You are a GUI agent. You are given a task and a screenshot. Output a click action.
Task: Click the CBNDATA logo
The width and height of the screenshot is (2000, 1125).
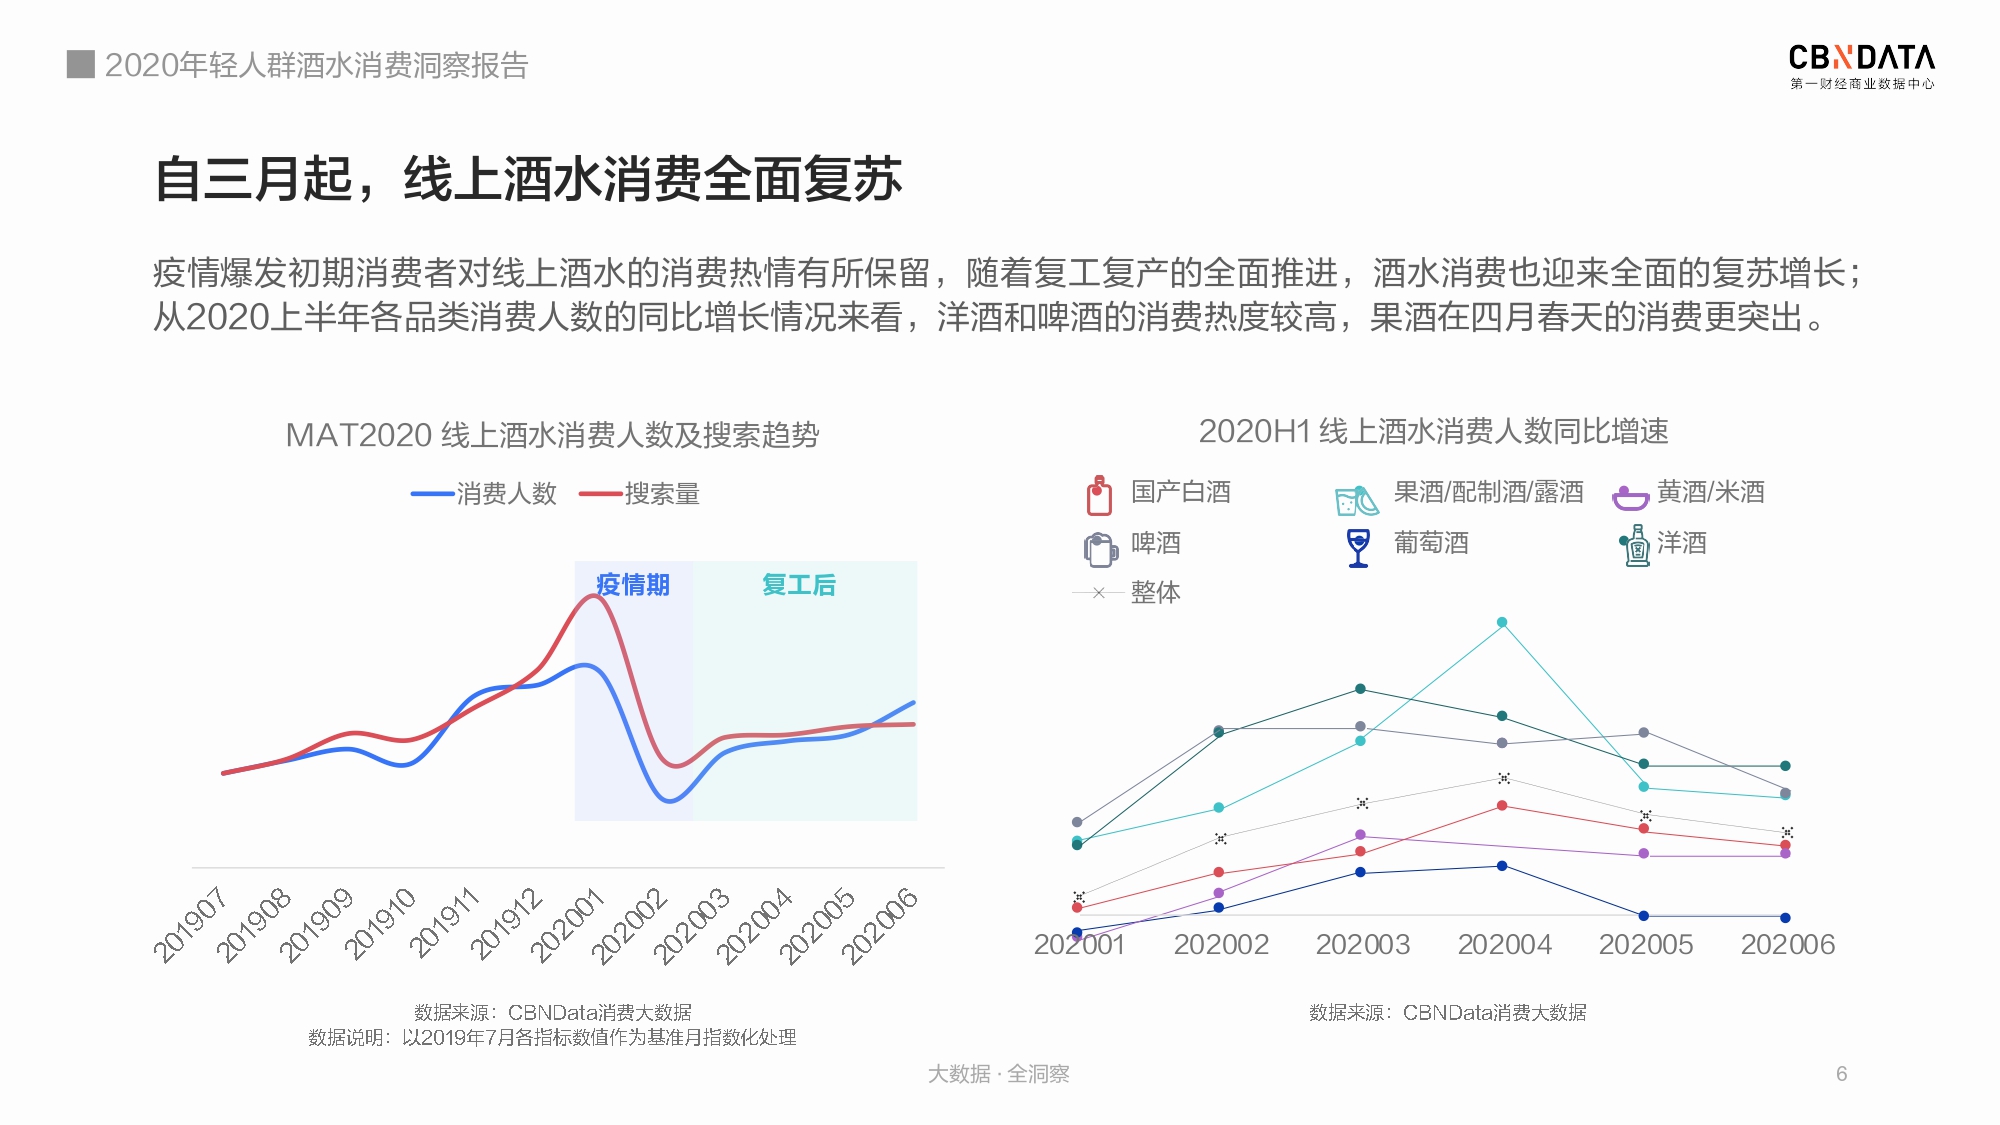click(x=1861, y=67)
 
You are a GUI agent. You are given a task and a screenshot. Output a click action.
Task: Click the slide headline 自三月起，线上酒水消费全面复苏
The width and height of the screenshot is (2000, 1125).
click(x=528, y=179)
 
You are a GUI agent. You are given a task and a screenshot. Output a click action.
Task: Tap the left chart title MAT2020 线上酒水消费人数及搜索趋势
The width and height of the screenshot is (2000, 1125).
click(x=552, y=435)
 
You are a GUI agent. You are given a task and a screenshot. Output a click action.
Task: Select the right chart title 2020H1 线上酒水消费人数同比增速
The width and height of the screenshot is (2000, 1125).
click(x=1433, y=431)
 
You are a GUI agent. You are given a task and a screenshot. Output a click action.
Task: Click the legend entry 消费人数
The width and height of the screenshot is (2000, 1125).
click(x=484, y=493)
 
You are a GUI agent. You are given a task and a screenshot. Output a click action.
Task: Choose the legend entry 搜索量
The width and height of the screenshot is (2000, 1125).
click(x=640, y=493)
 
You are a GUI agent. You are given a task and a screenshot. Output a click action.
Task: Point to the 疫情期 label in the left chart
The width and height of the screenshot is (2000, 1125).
click(x=633, y=584)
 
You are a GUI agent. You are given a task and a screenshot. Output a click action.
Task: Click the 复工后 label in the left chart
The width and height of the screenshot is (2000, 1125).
click(x=798, y=584)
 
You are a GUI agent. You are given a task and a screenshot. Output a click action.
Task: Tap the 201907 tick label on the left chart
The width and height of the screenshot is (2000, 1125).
click(x=190, y=925)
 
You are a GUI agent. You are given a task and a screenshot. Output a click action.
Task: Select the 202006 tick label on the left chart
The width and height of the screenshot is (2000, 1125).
click(x=879, y=925)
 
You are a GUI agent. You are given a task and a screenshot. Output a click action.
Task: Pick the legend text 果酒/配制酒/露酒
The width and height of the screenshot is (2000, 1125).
click(x=1488, y=492)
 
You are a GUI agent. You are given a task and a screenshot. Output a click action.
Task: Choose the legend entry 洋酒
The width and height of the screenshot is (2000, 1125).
click(x=1663, y=544)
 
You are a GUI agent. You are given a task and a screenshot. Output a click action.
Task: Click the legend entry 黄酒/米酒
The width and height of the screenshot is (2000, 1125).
click(x=1688, y=493)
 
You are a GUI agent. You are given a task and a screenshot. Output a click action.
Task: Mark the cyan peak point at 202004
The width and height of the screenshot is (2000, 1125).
click(x=1502, y=622)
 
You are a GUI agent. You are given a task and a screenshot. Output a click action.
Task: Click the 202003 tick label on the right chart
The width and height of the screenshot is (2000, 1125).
click(x=1362, y=944)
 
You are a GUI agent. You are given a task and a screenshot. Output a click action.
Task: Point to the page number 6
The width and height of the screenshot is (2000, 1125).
click(x=1841, y=1074)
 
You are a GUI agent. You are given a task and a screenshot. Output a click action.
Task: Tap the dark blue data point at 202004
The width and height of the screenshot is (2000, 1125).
click(x=1502, y=866)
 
